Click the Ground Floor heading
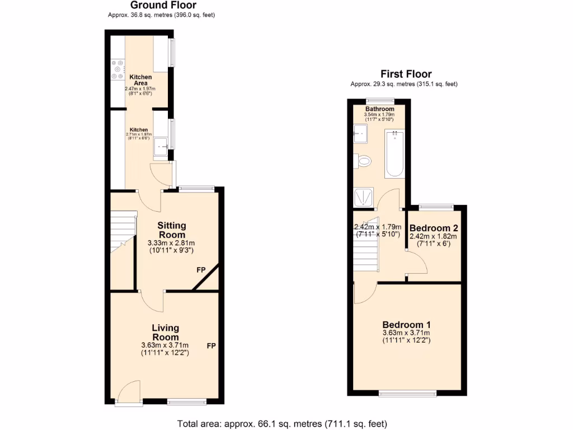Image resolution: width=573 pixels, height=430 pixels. tap(163, 6)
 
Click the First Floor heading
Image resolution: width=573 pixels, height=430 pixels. tap(406, 74)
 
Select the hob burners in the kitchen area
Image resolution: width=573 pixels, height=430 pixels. tap(118, 69)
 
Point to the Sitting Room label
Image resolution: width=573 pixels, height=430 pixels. tap(171, 230)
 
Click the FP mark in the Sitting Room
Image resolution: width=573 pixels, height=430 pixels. tap(201, 270)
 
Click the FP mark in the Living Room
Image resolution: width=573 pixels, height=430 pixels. tap(212, 346)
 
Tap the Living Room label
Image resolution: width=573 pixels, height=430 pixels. tap(166, 333)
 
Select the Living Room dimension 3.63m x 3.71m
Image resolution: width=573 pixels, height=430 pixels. tap(165, 345)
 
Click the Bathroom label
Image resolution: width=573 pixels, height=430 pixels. tap(380, 109)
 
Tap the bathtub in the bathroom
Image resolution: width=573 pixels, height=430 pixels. tap(395, 152)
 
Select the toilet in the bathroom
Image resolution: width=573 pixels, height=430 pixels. tap(363, 161)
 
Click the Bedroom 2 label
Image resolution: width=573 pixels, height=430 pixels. tap(434, 228)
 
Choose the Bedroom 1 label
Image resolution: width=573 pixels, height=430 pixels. tap(406, 325)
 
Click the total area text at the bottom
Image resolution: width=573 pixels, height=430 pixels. tap(282, 423)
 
